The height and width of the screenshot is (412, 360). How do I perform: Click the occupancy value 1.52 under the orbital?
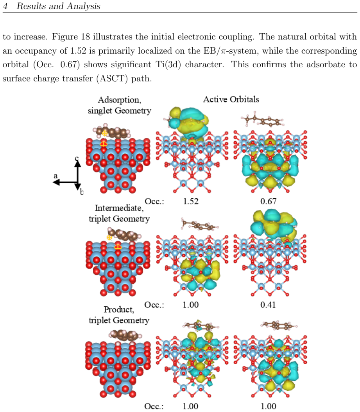click(191, 201)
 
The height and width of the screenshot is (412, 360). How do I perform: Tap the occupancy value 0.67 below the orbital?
click(269, 201)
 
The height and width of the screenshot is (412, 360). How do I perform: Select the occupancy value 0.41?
click(268, 305)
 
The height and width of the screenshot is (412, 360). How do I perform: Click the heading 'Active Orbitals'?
click(231, 99)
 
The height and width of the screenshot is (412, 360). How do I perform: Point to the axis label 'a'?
click(56, 176)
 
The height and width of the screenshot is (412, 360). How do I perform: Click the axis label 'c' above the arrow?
click(77, 158)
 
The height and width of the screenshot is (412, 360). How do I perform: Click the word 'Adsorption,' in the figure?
click(120, 100)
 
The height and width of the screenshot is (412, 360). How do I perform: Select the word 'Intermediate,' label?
click(119, 208)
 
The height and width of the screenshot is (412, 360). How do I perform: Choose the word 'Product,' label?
click(119, 309)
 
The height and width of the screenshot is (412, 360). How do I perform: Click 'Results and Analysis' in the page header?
click(58, 6)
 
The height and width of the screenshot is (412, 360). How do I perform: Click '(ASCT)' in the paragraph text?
click(113, 78)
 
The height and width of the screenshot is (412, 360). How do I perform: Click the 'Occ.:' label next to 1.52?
click(154, 201)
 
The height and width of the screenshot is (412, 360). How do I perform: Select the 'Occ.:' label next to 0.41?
click(154, 305)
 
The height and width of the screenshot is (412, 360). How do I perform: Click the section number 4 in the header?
click(5, 6)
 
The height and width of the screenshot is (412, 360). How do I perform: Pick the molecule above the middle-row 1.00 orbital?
click(200, 225)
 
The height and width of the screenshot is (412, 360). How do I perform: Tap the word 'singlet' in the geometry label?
click(100, 111)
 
